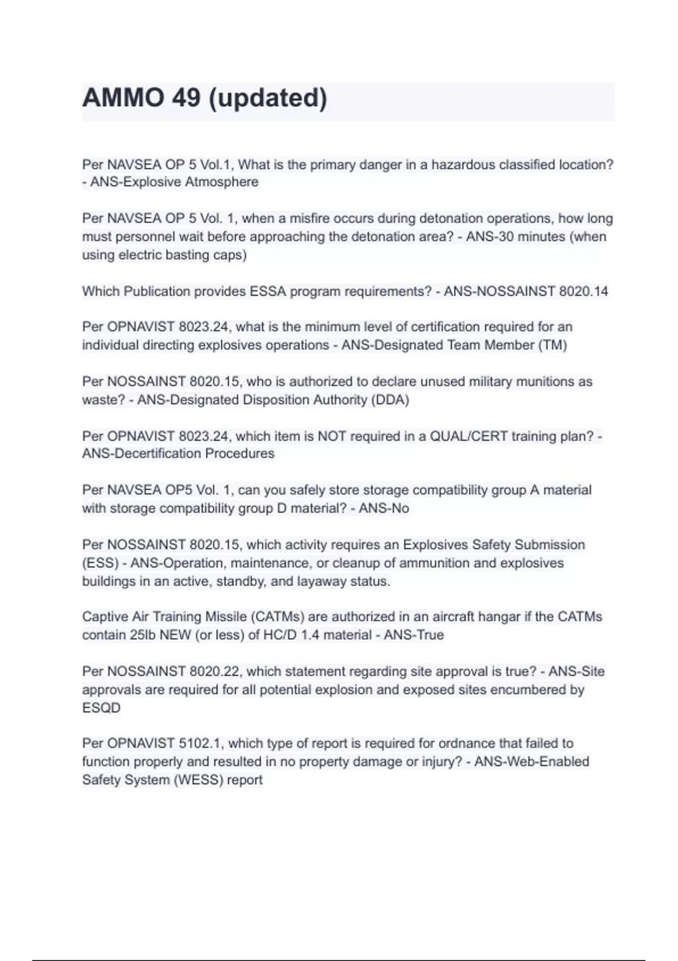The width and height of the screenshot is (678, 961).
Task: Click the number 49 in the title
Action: coord(186,98)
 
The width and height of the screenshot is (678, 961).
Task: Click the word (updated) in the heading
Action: coord(268,98)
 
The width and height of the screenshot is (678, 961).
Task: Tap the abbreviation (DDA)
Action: coord(389,400)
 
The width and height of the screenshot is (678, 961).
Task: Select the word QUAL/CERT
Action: coord(468,436)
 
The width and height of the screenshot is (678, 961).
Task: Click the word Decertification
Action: coord(158,454)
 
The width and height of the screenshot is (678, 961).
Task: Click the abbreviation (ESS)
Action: coord(101,564)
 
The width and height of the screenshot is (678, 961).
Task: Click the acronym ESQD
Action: coord(101,708)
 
